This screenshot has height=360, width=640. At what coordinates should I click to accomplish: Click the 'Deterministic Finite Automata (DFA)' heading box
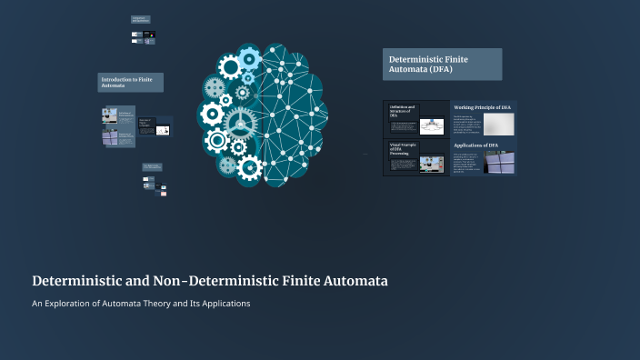point(442,65)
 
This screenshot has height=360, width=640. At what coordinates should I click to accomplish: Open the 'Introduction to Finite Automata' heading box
point(131,83)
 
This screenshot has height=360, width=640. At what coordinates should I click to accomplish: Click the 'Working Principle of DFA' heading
point(483,107)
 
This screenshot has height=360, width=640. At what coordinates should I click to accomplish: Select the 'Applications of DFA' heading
point(476,145)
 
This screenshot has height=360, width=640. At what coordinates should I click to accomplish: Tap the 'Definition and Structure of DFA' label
point(402,112)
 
